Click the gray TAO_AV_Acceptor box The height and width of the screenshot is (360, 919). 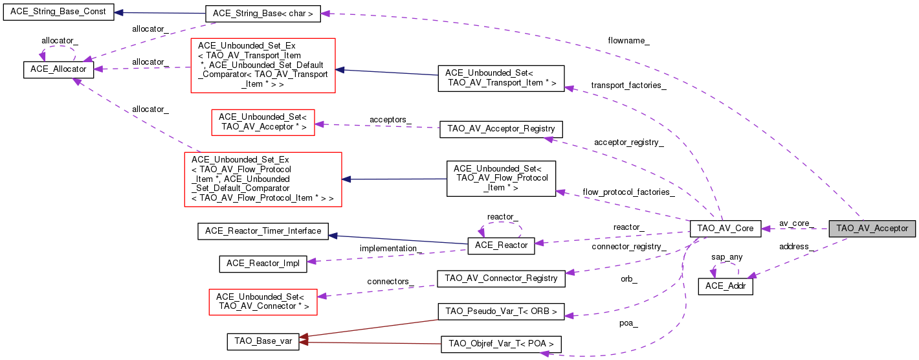pos(872,229)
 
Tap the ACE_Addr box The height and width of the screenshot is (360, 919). pos(725,286)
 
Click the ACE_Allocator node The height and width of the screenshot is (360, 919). pos(59,71)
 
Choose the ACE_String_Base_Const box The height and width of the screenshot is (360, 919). pos(58,12)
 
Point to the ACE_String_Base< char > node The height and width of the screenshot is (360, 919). pos(263,14)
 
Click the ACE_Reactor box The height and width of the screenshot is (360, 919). pos(501,245)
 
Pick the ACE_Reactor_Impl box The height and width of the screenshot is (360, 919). pos(263,263)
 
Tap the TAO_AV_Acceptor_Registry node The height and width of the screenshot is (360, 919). pos(501,128)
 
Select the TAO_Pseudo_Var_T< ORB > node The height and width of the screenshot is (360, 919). pos(501,311)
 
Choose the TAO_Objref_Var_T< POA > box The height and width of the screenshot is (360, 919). pos(501,344)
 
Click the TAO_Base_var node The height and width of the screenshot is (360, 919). pos(263,342)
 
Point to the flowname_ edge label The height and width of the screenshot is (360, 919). pos(628,41)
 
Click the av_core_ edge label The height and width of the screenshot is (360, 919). pos(795,223)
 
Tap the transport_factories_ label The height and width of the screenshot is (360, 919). pos(628,85)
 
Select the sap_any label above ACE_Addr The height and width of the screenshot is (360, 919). pos(727,256)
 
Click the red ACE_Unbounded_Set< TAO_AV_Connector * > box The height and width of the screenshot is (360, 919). pos(263,302)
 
